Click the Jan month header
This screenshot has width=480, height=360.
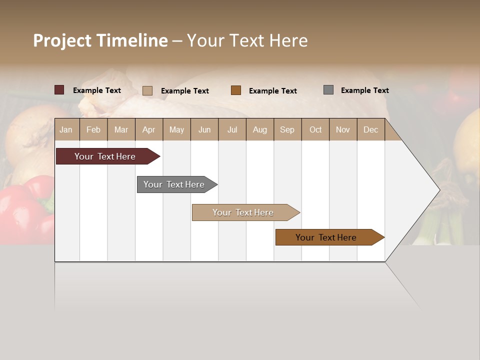pyautogui.click(x=66, y=129)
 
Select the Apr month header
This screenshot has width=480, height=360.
pyautogui.click(x=148, y=129)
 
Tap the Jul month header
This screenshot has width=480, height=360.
pyautogui.click(x=232, y=129)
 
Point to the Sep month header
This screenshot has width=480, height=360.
pyautogui.click(x=287, y=129)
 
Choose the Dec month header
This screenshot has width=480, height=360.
pyautogui.click(x=370, y=129)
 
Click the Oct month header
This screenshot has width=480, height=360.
pyautogui.click(x=315, y=129)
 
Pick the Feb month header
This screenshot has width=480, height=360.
pyautogui.click(x=93, y=129)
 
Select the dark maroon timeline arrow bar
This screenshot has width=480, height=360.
pyautogui.click(x=105, y=156)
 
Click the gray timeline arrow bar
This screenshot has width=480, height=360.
pyautogui.click(x=174, y=184)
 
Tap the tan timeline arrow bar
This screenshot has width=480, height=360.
pyautogui.click(x=243, y=212)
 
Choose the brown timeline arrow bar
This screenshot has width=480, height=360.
pyautogui.click(x=326, y=237)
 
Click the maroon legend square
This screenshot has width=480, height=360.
pyautogui.click(x=59, y=90)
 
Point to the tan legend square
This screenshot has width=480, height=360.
pyautogui.click(x=147, y=90)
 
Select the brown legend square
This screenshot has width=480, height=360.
pyautogui.click(x=236, y=90)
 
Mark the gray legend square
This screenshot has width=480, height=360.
pyautogui.click(x=328, y=90)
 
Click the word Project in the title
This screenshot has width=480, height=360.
pyautogui.click(x=62, y=40)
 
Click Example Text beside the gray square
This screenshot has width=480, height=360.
pyautogui.click(x=364, y=90)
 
